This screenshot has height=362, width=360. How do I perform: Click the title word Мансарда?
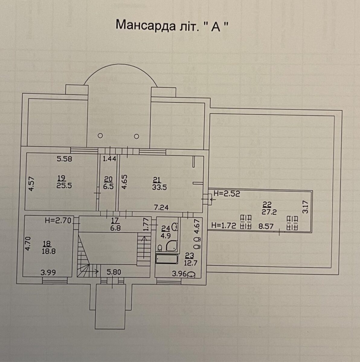coord(145,25)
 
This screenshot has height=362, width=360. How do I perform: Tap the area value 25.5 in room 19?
coord(64,186)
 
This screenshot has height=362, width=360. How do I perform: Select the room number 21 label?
coord(157,180)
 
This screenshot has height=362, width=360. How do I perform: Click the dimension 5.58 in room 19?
coord(65,159)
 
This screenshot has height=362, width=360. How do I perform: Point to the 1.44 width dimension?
coord(109,159)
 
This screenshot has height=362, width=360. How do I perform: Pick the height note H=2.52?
coord(227,193)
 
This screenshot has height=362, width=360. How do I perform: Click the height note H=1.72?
coord(223,225)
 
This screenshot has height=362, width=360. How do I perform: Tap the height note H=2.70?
coord(58,220)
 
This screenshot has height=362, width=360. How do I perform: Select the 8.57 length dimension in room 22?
coord(266,226)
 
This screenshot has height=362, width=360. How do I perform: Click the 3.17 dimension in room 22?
coord(305,207)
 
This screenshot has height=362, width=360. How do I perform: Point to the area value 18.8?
coord(49,251)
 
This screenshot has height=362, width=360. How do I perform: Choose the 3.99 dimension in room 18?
coord(48,272)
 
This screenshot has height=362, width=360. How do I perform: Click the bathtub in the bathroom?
coord(167,259)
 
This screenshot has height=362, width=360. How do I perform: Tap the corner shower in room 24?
coord(172,246)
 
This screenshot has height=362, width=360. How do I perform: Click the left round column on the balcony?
coord(101,136)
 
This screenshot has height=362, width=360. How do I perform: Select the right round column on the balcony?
coord(137,136)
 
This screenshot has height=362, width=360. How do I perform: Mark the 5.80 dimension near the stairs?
coord(114,272)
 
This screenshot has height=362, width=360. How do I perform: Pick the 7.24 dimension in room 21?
coord(161,207)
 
